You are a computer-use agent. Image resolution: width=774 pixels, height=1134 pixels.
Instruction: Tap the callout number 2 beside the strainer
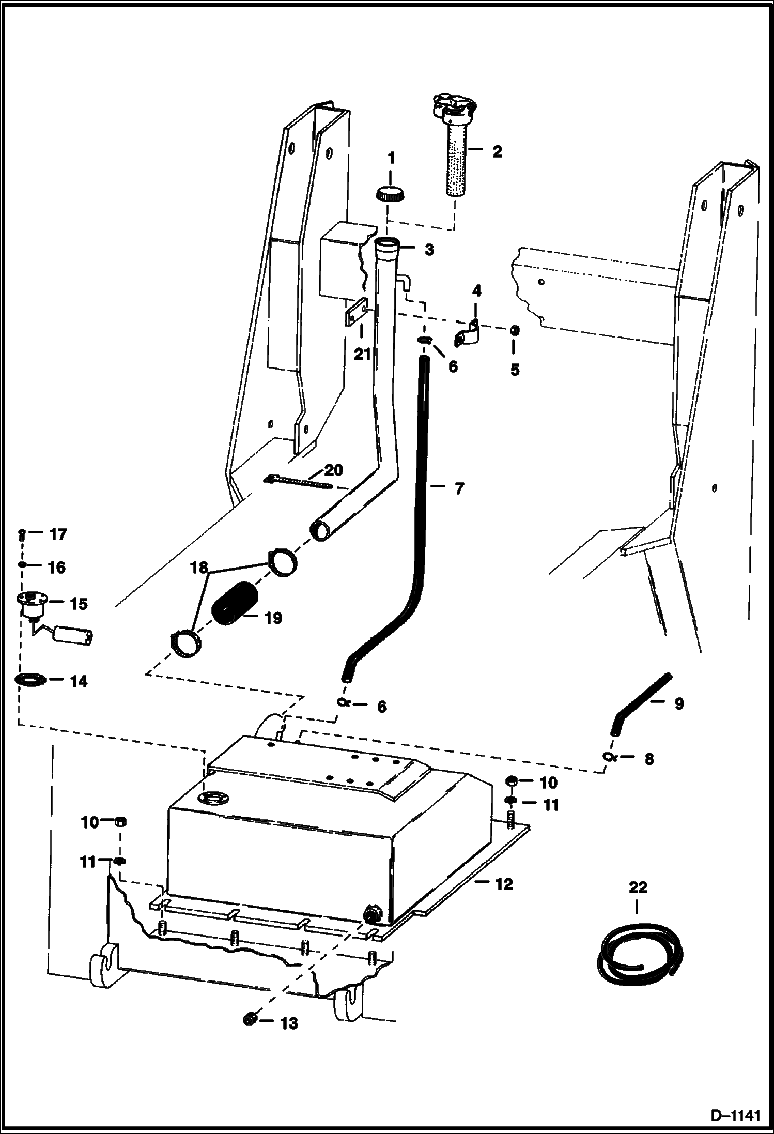pos(497,151)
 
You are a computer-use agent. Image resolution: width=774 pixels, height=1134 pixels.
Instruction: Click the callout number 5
pos(515,370)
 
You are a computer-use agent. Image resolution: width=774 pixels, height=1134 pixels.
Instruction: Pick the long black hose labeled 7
pos(420,517)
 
